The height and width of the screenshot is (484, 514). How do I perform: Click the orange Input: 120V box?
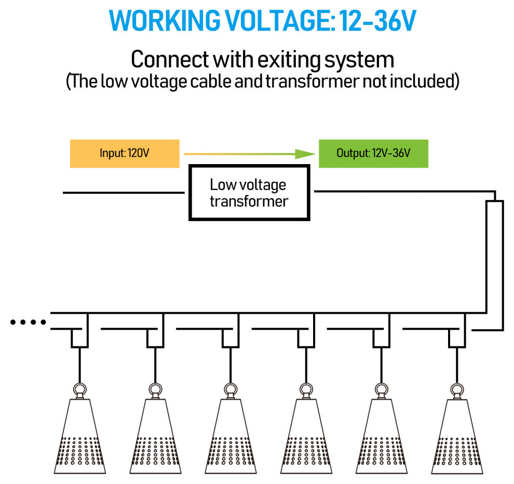tap(125, 153)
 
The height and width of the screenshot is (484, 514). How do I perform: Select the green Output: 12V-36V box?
tap(373, 153)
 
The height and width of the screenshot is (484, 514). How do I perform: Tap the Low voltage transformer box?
tap(249, 193)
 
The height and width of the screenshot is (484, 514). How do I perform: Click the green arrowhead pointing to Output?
tap(304, 153)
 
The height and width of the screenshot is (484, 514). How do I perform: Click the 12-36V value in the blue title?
tap(377, 21)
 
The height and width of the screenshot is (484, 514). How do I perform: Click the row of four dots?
tap(29, 322)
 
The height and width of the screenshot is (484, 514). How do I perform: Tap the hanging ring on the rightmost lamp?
tap(457, 389)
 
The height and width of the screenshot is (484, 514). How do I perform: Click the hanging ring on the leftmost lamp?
tap(79, 389)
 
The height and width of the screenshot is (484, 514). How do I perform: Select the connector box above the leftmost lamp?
tap(79, 338)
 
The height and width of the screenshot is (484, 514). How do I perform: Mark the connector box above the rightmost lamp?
tap(457, 338)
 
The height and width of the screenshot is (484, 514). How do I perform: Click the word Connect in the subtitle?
tap(169, 60)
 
